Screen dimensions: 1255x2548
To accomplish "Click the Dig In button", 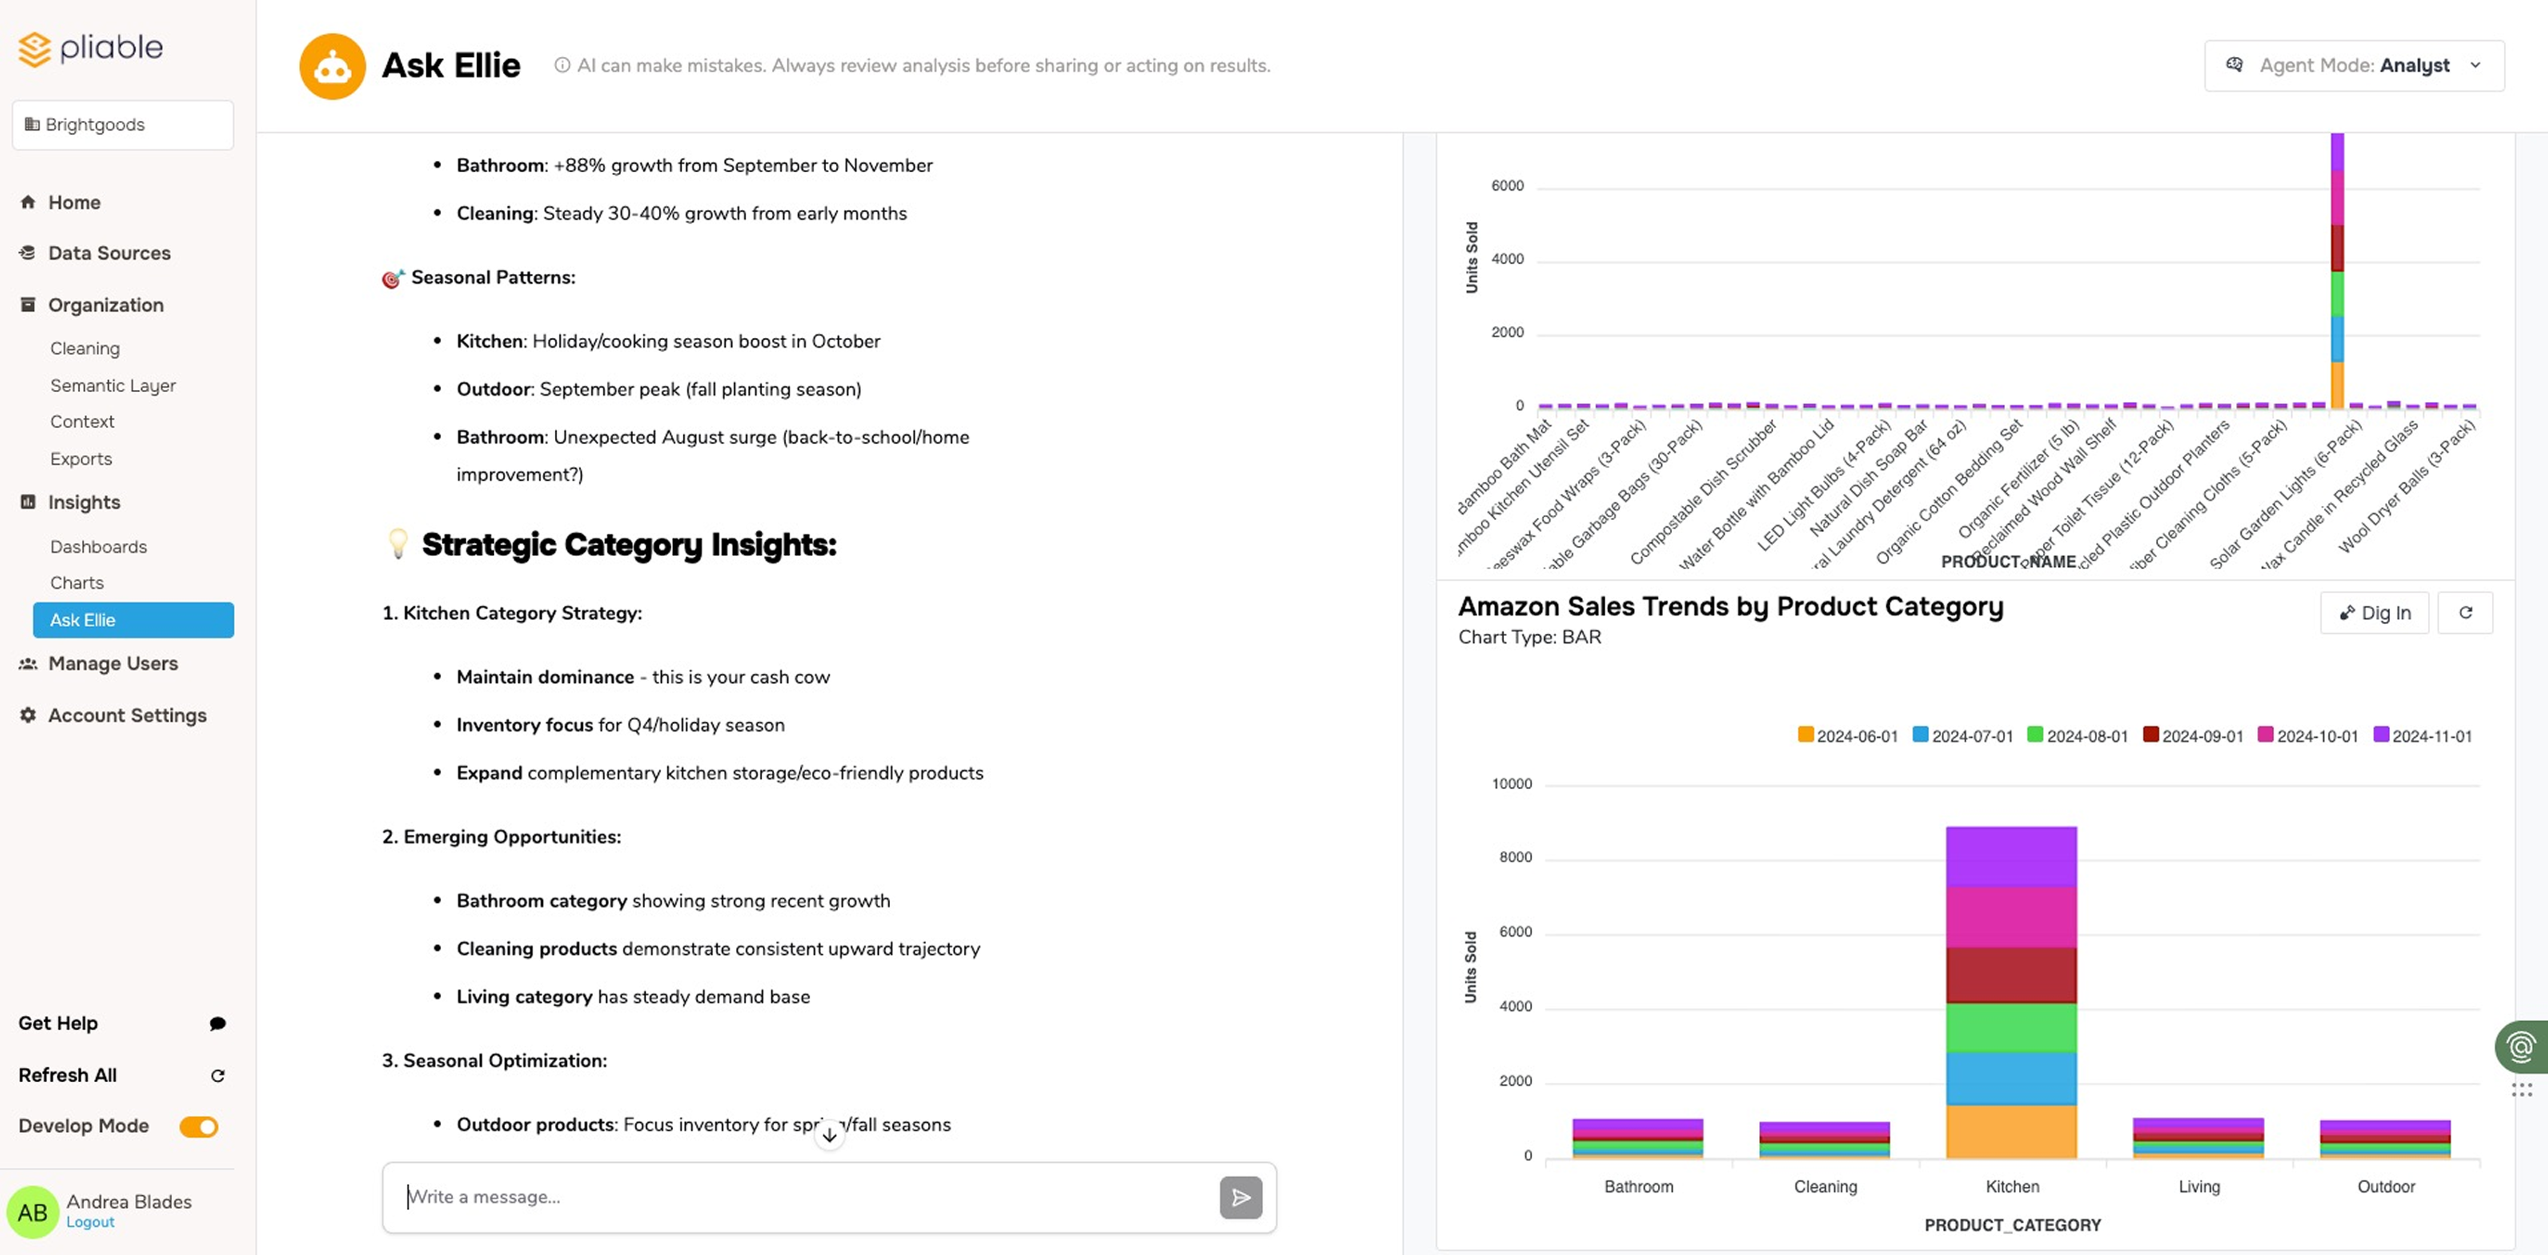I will coord(2374,613).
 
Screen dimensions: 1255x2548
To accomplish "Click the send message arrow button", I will coord(1241,1198).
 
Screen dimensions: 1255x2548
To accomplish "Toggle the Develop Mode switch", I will coord(199,1126).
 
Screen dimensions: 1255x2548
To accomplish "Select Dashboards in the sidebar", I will coord(98,547).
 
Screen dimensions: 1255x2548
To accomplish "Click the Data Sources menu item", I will coord(109,253).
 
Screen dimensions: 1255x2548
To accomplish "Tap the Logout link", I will coord(90,1222).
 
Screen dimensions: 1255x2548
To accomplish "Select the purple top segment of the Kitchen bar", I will coord(2011,856).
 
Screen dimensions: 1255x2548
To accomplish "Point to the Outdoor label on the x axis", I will coord(2386,1187).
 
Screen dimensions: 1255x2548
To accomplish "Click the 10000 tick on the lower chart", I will coord(1511,784).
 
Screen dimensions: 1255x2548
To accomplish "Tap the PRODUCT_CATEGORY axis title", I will coord(2012,1225).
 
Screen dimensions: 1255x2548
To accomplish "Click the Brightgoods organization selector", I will coord(123,124).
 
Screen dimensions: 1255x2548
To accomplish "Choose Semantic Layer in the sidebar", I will coord(113,386).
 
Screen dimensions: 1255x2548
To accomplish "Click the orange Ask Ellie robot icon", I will coord(332,66).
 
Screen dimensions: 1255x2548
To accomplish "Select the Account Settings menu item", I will coord(127,715).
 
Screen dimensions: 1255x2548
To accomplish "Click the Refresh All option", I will coord(68,1075).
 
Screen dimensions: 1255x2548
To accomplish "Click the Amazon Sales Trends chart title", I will coord(1730,606).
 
